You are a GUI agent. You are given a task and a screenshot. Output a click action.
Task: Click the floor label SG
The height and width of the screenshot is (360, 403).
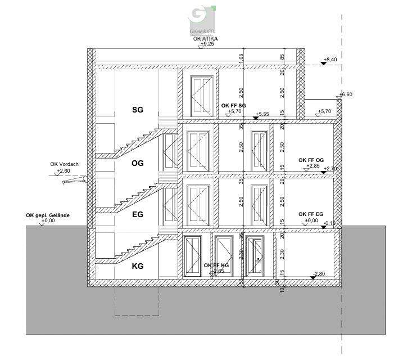pyautogui.click(x=138, y=110)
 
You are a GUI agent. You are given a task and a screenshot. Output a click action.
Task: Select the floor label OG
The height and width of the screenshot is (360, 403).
pyautogui.click(x=138, y=164)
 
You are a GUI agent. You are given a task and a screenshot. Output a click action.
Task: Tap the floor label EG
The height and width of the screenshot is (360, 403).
pyautogui.click(x=138, y=214)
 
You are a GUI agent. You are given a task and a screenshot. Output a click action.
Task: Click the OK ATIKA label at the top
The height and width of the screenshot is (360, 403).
pyautogui.click(x=205, y=39)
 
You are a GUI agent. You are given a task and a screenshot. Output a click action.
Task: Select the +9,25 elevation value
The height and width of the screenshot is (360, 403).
pyautogui.click(x=207, y=44)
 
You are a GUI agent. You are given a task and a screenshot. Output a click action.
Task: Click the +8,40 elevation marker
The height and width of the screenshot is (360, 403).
pyautogui.click(x=330, y=59)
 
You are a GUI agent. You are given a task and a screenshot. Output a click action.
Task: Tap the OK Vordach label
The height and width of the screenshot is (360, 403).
pyautogui.click(x=64, y=164)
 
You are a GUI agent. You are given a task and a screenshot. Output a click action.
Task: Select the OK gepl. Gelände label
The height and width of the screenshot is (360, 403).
pyautogui.click(x=48, y=215)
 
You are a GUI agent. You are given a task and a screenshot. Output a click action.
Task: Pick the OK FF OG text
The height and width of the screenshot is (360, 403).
pyautogui.click(x=311, y=160)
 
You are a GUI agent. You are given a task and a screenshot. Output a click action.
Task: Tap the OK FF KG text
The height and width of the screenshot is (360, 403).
pyautogui.click(x=216, y=265)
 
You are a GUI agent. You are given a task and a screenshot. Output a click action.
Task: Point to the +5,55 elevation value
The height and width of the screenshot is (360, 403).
pyautogui.click(x=262, y=115)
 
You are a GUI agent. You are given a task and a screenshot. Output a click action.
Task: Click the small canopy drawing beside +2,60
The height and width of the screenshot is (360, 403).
pyautogui.click(x=74, y=179)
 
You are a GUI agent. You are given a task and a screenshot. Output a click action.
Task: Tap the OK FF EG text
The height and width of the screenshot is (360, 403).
pyautogui.click(x=311, y=214)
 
